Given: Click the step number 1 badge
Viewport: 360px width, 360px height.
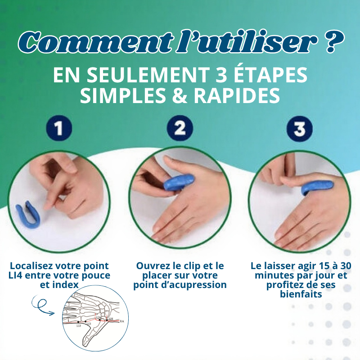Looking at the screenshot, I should [59, 129].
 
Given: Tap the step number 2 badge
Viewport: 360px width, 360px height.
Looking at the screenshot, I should [180, 129].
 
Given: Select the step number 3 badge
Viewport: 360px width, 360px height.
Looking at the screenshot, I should [299, 129].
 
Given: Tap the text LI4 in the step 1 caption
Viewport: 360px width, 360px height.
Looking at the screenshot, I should [19, 275].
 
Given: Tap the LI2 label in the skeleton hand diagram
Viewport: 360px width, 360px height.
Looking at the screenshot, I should [78, 326].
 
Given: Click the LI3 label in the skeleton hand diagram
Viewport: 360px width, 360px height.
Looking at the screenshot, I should [89, 324].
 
